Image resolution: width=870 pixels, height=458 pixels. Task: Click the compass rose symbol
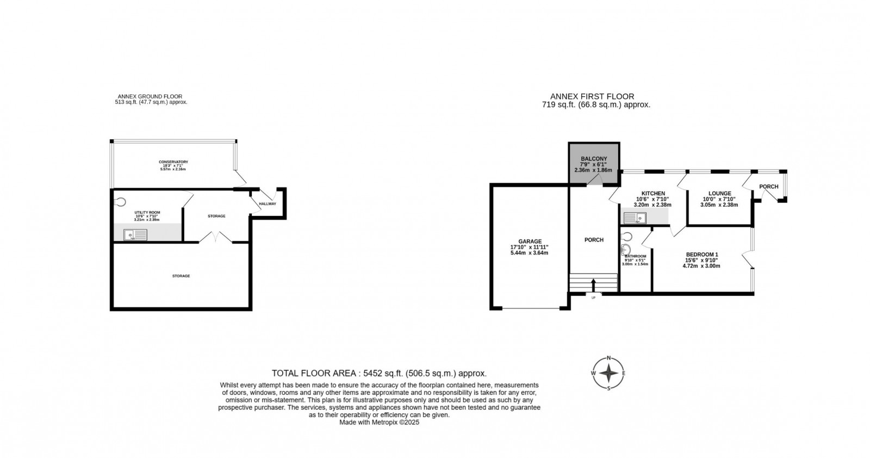(x=608, y=373)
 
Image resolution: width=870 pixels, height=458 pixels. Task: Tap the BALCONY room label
(x=593, y=159)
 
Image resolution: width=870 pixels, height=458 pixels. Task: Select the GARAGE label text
(x=530, y=241)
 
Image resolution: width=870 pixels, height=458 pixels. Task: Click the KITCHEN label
(x=653, y=193)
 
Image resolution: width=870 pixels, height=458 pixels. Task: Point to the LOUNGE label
(x=719, y=193)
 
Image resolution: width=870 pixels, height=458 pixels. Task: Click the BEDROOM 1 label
(x=702, y=255)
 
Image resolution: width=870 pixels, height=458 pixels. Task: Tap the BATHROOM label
(x=635, y=256)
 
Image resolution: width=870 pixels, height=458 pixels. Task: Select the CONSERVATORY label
(x=173, y=162)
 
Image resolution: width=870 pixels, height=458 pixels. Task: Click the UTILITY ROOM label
(x=147, y=212)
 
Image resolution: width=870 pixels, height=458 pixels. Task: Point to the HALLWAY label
(x=267, y=204)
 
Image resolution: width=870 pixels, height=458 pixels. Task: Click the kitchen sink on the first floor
(x=635, y=219)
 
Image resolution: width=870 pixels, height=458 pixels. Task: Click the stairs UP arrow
(x=593, y=285)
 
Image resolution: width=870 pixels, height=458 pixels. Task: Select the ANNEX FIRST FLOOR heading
(x=592, y=97)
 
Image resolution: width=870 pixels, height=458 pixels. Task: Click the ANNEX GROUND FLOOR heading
(x=151, y=96)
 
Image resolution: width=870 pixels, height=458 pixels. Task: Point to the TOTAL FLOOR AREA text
(x=379, y=373)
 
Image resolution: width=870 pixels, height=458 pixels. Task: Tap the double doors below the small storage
(x=216, y=237)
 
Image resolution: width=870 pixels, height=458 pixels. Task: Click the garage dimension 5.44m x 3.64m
(x=530, y=253)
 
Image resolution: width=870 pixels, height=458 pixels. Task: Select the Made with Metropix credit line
(x=379, y=422)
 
